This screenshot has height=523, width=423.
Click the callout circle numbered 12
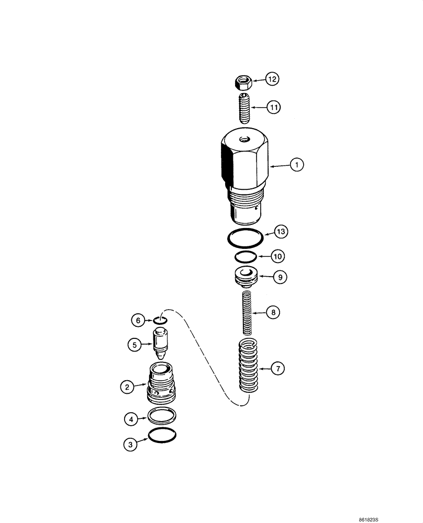(272, 79)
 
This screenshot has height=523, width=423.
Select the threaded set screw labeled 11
(243, 107)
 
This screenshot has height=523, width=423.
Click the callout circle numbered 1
(296, 165)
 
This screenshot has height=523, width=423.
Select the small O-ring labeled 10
(244, 256)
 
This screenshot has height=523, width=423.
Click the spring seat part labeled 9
(244, 276)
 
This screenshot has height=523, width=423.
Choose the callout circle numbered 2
(126, 387)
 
